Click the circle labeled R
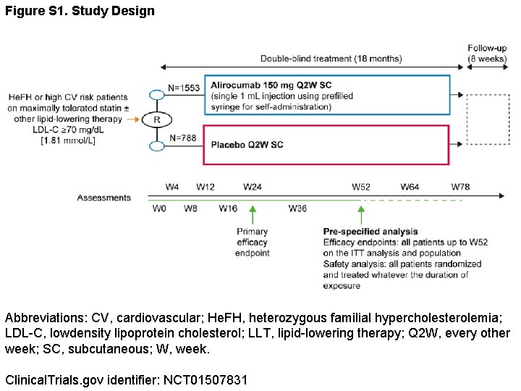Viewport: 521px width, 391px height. click(156, 119)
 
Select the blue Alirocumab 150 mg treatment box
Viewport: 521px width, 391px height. click(327, 94)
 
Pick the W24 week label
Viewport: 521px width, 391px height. click(253, 187)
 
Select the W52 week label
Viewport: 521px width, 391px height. click(361, 187)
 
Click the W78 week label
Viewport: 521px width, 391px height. click(460, 187)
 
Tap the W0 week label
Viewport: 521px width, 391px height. click(159, 209)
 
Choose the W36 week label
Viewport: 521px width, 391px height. click(297, 209)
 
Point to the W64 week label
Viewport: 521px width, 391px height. click(410, 187)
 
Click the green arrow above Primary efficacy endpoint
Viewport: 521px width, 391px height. click(253, 214)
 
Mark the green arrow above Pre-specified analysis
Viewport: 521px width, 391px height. click(361, 214)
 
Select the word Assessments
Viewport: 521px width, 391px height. click(104, 198)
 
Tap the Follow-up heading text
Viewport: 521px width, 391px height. click(487, 49)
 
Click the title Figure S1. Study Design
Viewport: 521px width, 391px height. click(80, 11)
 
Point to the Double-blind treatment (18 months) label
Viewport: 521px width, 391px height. click(331, 59)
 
